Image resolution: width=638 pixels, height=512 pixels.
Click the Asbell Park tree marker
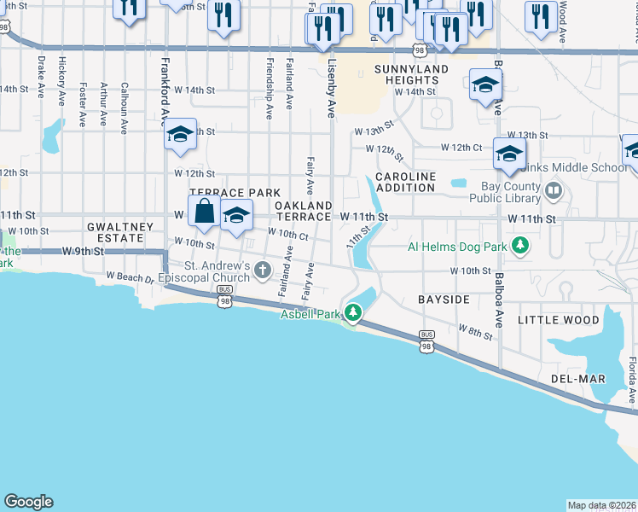(x=351, y=316)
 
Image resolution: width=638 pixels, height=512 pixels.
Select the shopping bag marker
(x=205, y=212)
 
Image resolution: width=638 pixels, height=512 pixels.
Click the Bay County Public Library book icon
(x=554, y=189)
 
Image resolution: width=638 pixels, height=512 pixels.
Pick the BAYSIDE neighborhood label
(x=444, y=300)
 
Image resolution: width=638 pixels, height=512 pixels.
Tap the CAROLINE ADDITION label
(x=406, y=181)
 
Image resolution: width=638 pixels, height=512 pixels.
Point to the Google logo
(x=28, y=502)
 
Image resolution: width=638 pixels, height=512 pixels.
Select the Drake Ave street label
(x=41, y=77)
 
